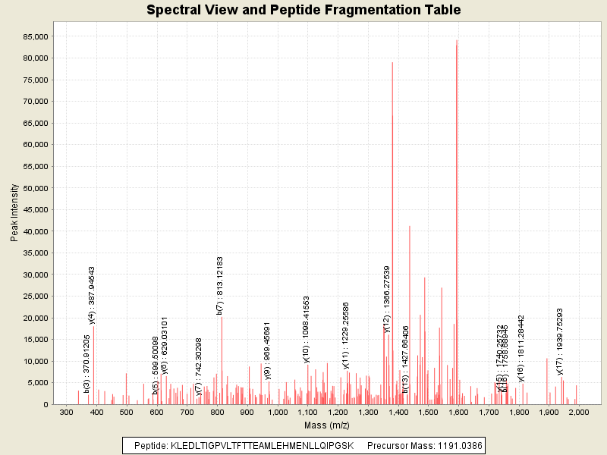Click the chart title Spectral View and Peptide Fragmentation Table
coord(303,11)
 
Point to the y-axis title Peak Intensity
coord(14,216)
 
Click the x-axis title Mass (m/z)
coord(326,426)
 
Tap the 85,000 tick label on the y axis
coord(36,36)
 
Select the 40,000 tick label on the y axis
coord(36,231)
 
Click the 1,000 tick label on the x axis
coord(278,413)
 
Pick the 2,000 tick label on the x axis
coord(579,413)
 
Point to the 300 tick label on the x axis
coord(67,413)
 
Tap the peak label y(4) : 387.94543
coord(92,296)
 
